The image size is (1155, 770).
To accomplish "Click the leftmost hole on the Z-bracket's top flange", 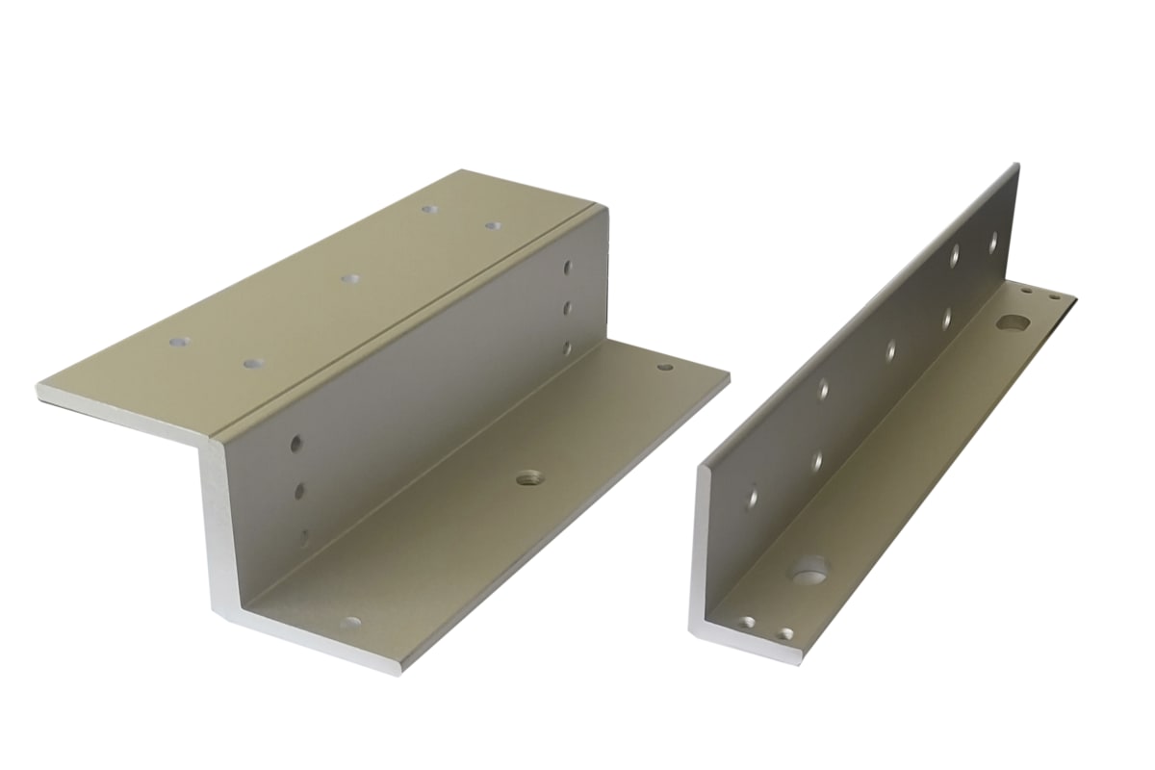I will point(178,342).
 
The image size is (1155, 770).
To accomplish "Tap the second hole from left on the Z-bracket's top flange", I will point(254,364).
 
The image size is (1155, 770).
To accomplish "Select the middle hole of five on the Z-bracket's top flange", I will point(350,278).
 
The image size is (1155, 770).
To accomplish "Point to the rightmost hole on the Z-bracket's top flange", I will point(493,225).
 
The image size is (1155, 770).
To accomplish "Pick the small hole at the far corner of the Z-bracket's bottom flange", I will point(664,367).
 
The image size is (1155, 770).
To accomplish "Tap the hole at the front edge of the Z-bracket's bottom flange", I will point(351,623).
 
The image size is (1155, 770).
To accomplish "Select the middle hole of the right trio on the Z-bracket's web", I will point(568,308).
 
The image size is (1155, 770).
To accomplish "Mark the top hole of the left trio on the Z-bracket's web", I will point(296,444).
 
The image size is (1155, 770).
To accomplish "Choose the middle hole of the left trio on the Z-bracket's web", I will point(299,492).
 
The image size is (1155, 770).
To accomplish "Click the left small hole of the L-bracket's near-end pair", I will point(749,623).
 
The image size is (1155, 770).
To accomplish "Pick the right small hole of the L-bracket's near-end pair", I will point(787,634).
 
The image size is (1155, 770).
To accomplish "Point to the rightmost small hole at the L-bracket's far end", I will point(1056,297).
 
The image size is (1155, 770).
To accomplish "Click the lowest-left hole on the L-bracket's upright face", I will point(753,499).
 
